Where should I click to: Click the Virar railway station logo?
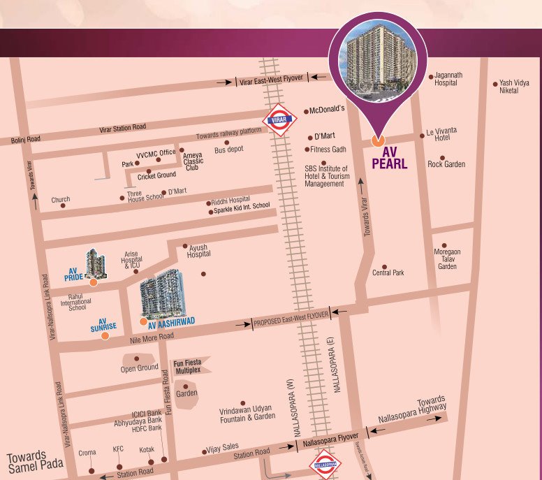tap(279, 119)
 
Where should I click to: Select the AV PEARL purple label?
tap(389, 159)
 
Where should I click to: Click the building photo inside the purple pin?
tap(377, 63)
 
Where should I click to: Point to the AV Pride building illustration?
tap(95, 263)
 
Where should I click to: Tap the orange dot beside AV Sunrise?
tap(105, 335)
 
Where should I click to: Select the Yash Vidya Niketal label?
tap(514, 87)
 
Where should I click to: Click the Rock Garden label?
tap(446, 165)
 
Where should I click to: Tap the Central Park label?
tap(388, 272)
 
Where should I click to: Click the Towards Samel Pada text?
tap(35, 459)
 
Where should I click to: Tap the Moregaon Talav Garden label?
tap(447, 259)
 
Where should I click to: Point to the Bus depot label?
tap(228, 150)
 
